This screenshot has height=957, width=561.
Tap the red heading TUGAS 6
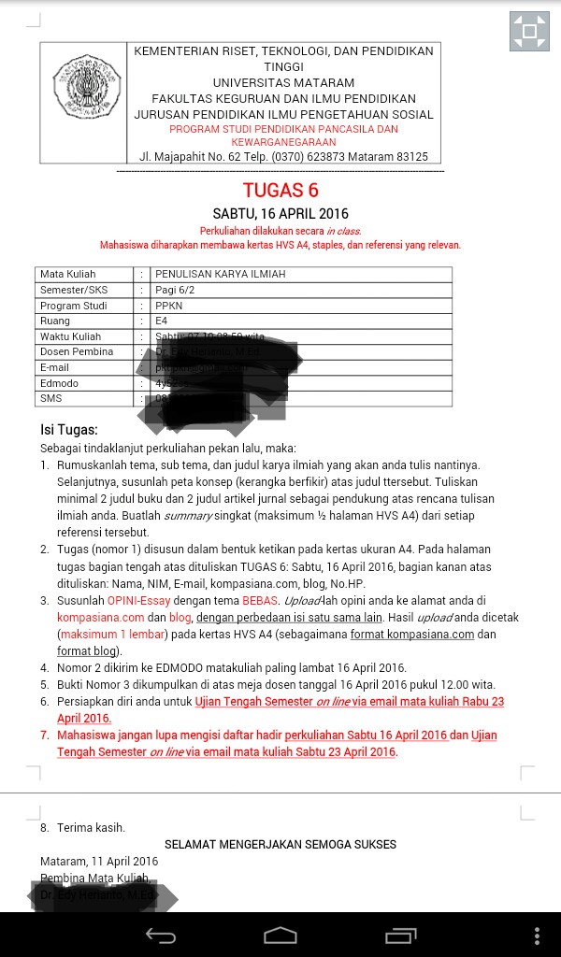tap(280, 192)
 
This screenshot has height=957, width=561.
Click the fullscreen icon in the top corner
tap(529, 32)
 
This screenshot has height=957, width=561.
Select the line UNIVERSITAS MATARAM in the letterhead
tap(283, 83)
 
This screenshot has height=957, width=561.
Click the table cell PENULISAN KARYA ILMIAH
tap(221, 275)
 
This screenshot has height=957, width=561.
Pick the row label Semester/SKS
tap(74, 290)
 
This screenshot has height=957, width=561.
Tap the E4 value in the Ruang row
tap(162, 321)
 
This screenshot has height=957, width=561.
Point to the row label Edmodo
tap(59, 383)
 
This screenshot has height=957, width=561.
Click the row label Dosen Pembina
tap(77, 352)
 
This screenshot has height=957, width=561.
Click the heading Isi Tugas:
tap(68, 430)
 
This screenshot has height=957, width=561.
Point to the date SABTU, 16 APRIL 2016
tap(280, 214)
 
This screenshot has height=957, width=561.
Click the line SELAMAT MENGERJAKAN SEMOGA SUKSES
tap(280, 844)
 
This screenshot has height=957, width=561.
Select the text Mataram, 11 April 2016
tap(99, 861)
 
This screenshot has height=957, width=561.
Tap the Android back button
tap(160, 936)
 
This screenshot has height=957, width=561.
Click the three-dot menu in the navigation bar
tap(537, 936)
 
